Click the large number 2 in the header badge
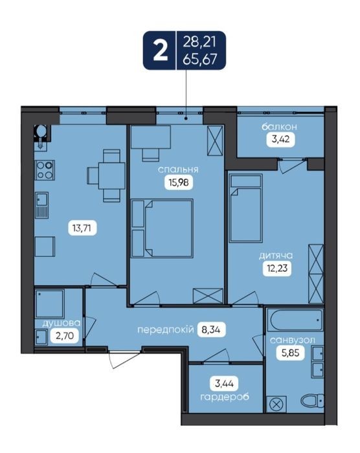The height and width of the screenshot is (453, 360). (x=160, y=51)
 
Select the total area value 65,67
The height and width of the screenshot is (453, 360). (x=200, y=60)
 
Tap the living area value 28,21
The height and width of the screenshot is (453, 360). (x=199, y=43)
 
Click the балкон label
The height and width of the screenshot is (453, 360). (x=279, y=127)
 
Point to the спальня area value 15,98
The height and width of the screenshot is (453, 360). (x=179, y=182)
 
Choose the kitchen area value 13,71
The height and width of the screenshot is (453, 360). (x=82, y=228)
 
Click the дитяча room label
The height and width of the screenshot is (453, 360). (x=276, y=256)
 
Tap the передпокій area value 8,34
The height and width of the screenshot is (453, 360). (x=211, y=329)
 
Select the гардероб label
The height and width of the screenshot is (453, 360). (x=225, y=397)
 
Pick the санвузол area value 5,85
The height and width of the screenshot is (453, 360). (x=290, y=353)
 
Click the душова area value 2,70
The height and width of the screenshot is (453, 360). (x=65, y=336)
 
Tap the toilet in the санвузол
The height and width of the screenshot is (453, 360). (x=312, y=401)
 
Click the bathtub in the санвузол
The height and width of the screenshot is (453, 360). (x=295, y=320)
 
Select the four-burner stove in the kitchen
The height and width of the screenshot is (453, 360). (x=45, y=170)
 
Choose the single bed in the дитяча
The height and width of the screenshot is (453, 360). (x=246, y=208)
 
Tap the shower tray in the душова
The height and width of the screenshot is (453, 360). (x=49, y=304)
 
